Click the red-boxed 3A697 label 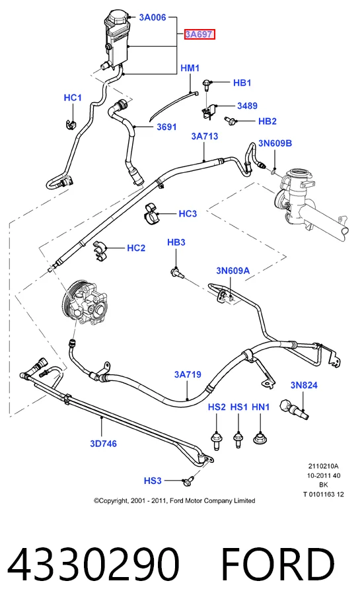[200, 34]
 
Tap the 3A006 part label [153, 17]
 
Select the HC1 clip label [73, 98]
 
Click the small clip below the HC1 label [70, 123]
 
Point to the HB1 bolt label [242, 83]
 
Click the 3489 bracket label [247, 106]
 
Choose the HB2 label [268, 121]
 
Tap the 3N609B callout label [275, 143]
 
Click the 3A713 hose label [204, 136]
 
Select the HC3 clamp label [188, 214]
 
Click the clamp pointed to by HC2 [100, 251]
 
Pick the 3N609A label [233, 271]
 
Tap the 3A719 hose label [188, 374]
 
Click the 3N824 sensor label [304, 386]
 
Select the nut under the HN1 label [260, 437]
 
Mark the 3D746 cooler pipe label [103, 444]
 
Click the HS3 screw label [153, 481]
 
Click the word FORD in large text [278, 565]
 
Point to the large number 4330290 [94, 565]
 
